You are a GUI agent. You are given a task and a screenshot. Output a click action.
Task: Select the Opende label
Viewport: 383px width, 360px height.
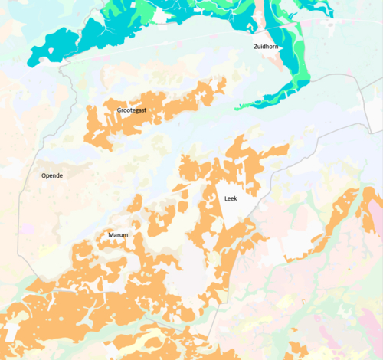click(x=52, y=175)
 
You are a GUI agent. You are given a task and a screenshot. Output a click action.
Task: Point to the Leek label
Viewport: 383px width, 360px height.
click(x=231, y=198)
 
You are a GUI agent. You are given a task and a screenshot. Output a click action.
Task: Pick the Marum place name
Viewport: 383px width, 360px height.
click(x=118, y=235)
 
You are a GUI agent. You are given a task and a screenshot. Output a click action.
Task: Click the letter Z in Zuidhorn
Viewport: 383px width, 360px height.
click(x=255, y=47)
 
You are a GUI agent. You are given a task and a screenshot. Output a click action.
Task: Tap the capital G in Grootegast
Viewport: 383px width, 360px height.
click(x=119, y=110)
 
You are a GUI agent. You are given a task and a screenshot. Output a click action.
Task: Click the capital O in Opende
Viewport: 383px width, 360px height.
click(x=44, y=175)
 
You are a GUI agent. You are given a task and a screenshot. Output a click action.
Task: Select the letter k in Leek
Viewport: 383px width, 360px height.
click(x=236, y=198)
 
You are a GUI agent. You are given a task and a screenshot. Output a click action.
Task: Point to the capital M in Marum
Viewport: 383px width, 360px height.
click(x=110, y=235)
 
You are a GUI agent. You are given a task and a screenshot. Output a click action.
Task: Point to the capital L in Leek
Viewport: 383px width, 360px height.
click(x=226, y=198)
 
